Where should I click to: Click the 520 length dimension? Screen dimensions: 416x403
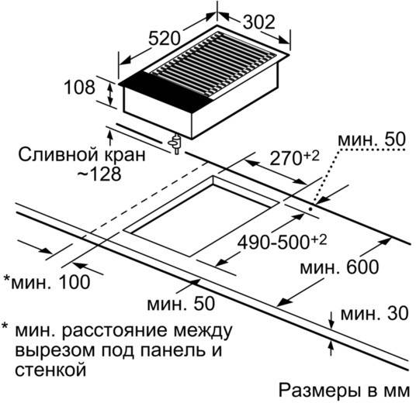click(x=165, y=39)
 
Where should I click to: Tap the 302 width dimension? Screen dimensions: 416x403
click(x=259, y=22)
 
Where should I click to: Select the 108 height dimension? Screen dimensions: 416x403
click(x=79, y=87)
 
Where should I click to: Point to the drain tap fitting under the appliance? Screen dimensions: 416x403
click(x=175, y=144)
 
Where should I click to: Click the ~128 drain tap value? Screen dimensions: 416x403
click(x=99, y=174)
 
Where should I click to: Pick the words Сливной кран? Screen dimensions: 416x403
click(x=81, y=154)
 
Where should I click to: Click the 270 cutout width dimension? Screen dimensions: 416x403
click(x=294, y=157)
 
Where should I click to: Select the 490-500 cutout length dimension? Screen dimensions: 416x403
click(x=282, y=241)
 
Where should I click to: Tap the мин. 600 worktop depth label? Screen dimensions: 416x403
click(x=339, y=267)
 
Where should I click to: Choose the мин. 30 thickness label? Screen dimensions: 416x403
click(x=374, y=313)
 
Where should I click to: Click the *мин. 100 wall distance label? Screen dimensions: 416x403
click(x=47, y=281)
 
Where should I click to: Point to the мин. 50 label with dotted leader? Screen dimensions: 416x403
click(x=372, y=139)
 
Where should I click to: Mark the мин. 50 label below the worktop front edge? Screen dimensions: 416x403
click(x=181, y=303)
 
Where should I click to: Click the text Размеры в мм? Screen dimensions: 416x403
click(x=345, y=391)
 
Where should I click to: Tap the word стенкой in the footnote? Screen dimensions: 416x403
click(x=50, y=369)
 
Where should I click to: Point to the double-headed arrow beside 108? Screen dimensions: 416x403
click(x=110, y=93)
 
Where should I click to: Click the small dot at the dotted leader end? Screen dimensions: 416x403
click(x=310, y=208)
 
